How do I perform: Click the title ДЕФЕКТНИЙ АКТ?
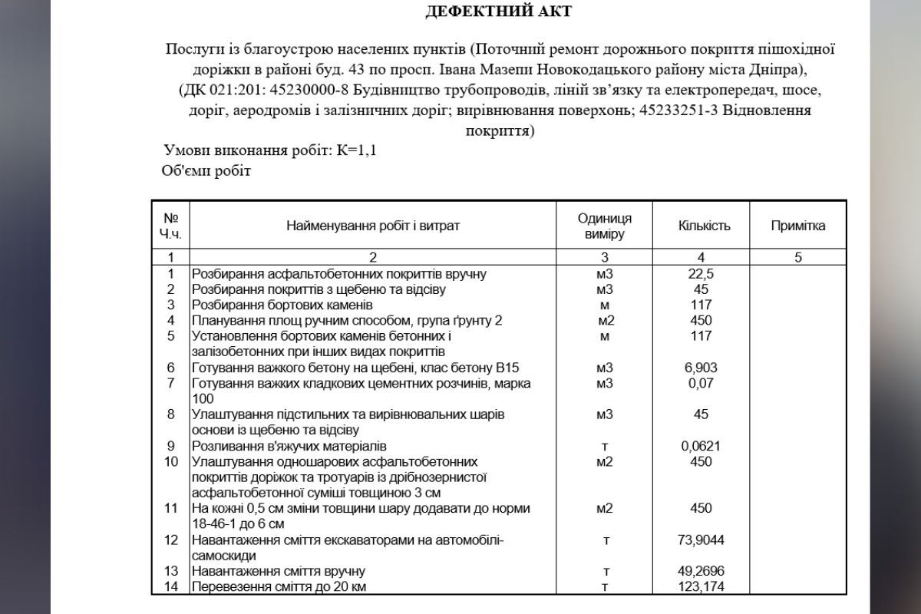pos(498,12)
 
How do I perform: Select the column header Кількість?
pos(704,226)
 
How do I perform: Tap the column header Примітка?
pos(798,226)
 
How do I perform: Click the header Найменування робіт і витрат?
pos(373,226)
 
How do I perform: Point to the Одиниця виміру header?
pos(605,226)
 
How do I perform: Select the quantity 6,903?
pos(701,368)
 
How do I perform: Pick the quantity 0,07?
pos(701,383)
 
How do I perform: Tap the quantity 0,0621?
pos(701,446)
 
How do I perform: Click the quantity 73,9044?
pos(701,540)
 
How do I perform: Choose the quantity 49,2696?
pos(701,571)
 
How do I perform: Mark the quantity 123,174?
pos(701,587)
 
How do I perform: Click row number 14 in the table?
pos(171,587)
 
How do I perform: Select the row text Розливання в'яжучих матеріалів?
pos(289,446)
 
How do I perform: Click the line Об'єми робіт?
pos(206,170)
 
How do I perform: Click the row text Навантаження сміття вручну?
pos(278,571)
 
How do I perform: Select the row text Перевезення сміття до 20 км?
pos(285,587)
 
